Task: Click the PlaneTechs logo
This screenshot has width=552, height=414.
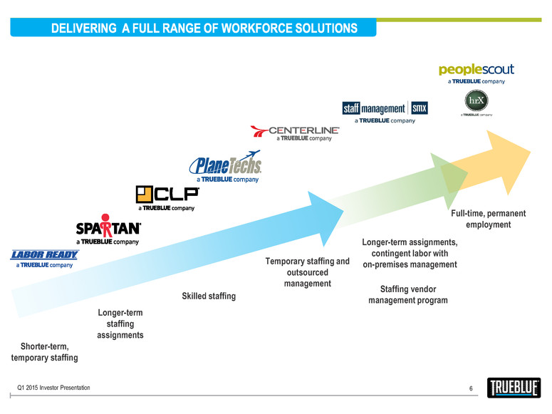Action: tap(225, 165)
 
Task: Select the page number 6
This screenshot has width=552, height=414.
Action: tap(471, 388)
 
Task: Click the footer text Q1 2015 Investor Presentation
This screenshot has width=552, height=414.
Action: tap(54, 387)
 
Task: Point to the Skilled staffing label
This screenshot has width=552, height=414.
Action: tap(209, 296)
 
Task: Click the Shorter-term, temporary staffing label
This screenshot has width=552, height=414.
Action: tap(44, 352)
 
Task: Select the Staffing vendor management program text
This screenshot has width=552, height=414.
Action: tap(408, 295)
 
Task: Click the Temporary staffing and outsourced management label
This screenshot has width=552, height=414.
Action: tap(308, 272)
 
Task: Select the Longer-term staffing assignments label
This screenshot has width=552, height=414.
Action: tap(120, 324)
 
